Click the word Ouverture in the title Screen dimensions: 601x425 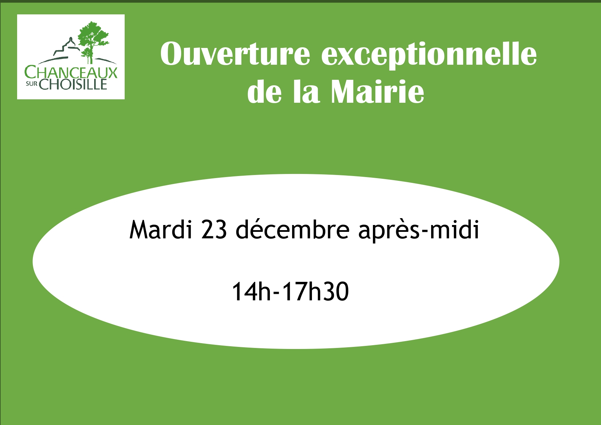(235, 54)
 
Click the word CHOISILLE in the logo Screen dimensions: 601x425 (73, 84)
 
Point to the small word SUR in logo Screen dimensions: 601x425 (33, 84)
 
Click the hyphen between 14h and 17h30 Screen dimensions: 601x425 (277, 293)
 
